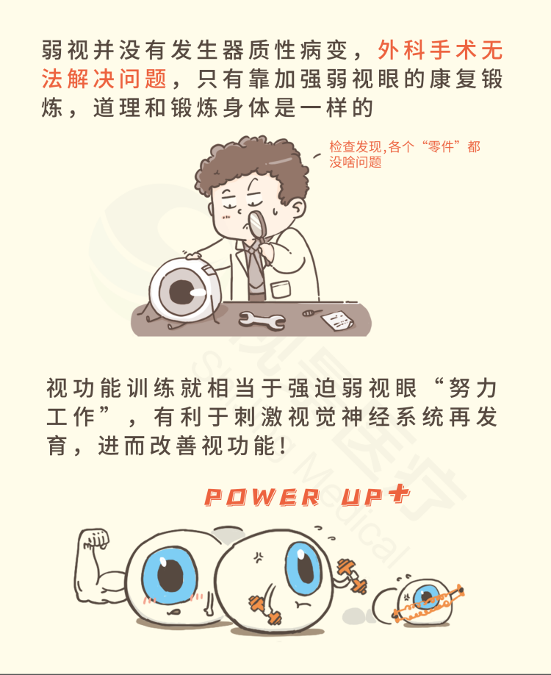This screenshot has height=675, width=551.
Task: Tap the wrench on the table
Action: pos(262,321)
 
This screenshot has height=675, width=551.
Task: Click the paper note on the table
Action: pos(338,321)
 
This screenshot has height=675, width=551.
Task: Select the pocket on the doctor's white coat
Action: pos(281,289)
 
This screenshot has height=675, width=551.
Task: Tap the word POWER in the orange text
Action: pos(262,497)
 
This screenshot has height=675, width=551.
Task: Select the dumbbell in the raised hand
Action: pos(353,575)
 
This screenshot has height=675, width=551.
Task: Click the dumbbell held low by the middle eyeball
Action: pos(265,609)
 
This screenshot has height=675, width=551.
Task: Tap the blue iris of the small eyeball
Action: pos(426,596)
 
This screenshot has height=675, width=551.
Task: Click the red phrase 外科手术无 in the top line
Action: pos(440,50)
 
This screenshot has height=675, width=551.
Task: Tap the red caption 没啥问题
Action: pos(356,162)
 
